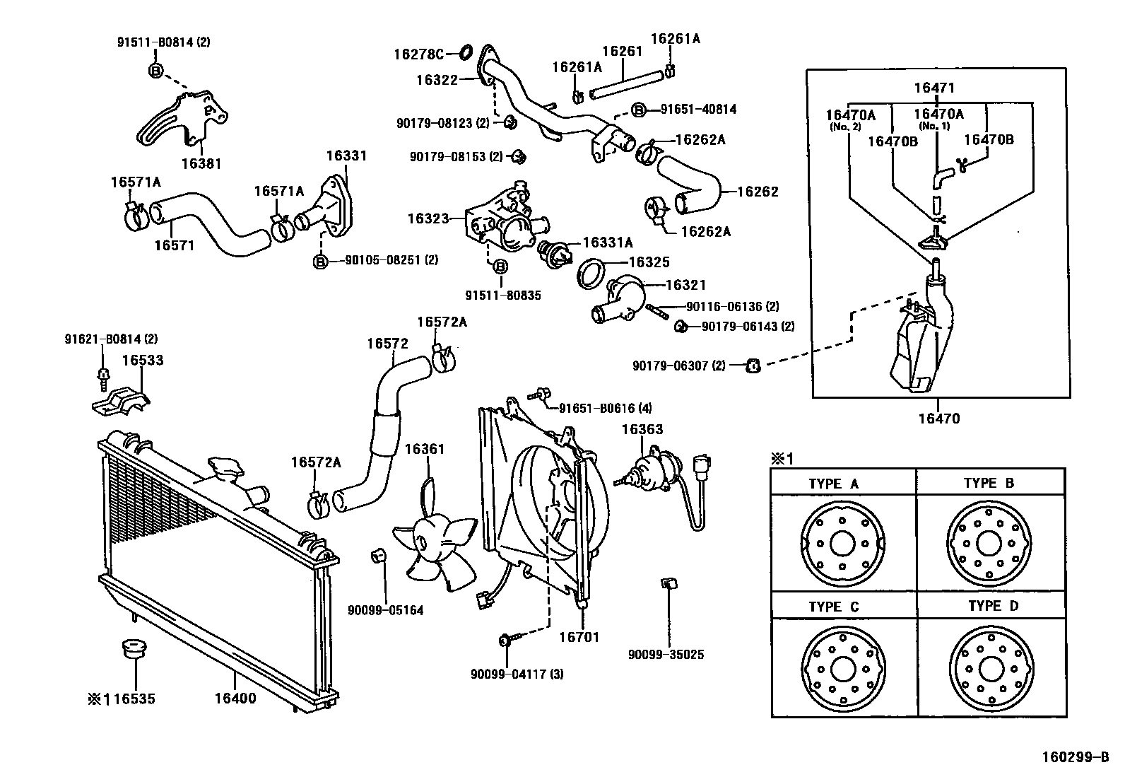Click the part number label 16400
coord(235,698)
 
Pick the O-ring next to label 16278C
coord(466,52)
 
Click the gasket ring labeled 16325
coord(591,274)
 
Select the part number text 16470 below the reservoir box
coord(939,418)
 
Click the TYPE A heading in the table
coord(834,484)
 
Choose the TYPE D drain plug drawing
coord(991,668)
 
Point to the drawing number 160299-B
coord(1076,757)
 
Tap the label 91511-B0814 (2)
coord(164,42)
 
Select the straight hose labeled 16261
coord(627,84)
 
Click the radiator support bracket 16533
coord(122,402)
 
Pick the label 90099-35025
coord(666,655)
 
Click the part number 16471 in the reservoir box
coord(934,88)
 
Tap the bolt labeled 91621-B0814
coord(104,380)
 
